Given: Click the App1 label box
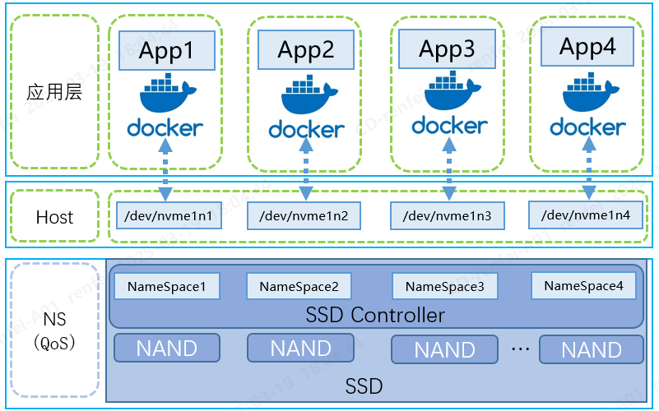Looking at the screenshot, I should pyautogui.click(x=167, y=51).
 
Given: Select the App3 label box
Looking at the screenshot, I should pyautogui.click(x=447, y=49).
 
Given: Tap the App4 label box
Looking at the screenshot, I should pyautogui.click(x=587, y=47).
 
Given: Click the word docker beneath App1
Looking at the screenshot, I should pyautogui.click(x=165, y=128).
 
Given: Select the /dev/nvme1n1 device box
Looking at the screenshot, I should pyautogui.click(x=167, y=215).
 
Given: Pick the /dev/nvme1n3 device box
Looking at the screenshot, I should pyautogui.click(x=447, y=216).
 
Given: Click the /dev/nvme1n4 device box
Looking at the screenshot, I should pyautogui.click(x=586, y=215).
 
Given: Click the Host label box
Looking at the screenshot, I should pyautogui.click(x=55, y=218).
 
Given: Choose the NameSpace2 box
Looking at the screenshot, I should pyautogui.click(x=299, y=287).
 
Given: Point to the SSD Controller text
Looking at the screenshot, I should pyautogui.click(x=375, y=315).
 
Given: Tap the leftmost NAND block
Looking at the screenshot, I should pyautogui.click(x=167, y=348).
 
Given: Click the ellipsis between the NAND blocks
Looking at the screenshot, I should pyautogui.click(x=520, y=349).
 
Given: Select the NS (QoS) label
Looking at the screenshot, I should pyautogui.click(x=54, y=330).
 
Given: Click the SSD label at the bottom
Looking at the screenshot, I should pyautogui.click(x=363, y=385).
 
